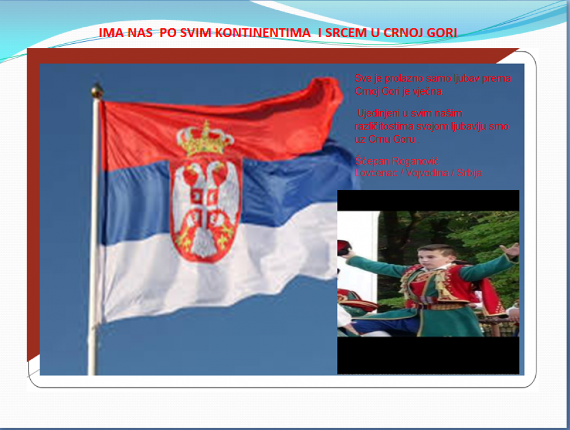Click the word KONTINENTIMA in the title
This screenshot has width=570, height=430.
[x=263, y=33]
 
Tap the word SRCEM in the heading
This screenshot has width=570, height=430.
[x=346, y=33]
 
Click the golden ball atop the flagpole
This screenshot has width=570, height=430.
[x=97, y=91]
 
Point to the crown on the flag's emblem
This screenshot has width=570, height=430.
[x=205, y=139]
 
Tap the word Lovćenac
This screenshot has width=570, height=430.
[x=376, y=173]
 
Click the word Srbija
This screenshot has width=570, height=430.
[x=470, y=173]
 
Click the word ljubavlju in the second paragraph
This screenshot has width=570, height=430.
[x=469, y=127]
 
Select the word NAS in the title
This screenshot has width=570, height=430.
[x=140, y=33]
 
